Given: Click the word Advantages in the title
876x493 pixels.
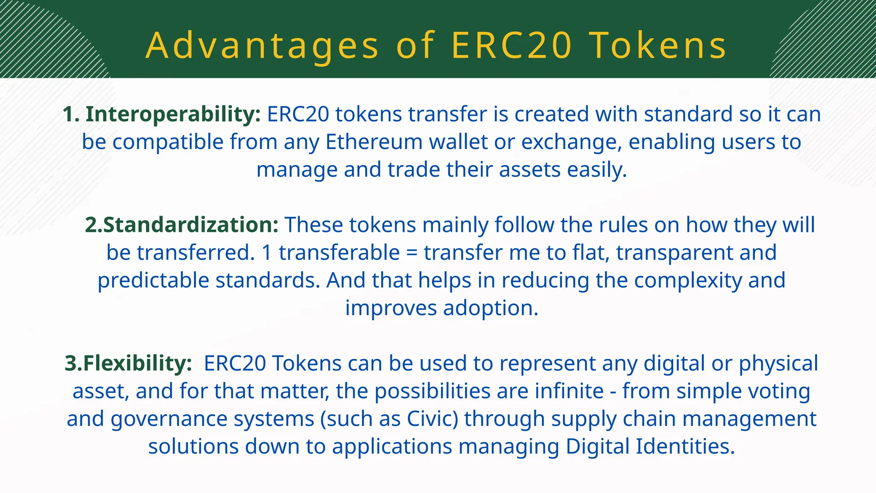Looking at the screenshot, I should pos(262,46).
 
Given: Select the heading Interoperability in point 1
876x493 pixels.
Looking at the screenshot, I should pos(173,114).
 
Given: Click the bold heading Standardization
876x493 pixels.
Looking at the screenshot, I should pos(190,225).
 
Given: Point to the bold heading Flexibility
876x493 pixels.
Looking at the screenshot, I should pos(137,363).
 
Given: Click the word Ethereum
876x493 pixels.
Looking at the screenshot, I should pos(374,142).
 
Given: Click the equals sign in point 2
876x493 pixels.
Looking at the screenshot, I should pos(411,253).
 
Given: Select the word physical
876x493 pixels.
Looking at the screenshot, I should pos(778,363).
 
